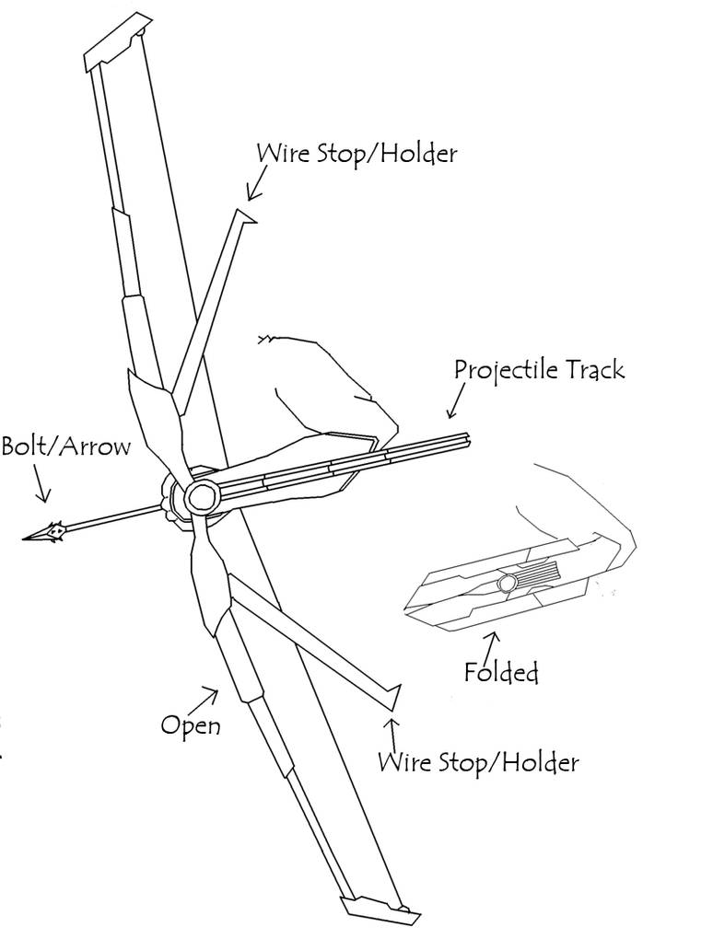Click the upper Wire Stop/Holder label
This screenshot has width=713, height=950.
tap(356, 153)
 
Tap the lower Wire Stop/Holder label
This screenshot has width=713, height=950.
tap(478, 762)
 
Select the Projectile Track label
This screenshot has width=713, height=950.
tap(539, 370)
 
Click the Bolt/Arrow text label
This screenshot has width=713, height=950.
tap(65, 447)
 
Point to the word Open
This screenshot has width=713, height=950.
tap(191, 725)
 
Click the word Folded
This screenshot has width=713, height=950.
tap(501, 672)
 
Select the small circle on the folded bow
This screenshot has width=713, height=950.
tap(506, 584)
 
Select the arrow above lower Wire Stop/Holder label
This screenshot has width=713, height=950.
tap(393, 733)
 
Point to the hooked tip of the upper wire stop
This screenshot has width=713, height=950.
tap(246, 216)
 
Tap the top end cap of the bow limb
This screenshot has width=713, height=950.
tap(118, 41)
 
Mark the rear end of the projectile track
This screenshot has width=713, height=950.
tap(469, 440)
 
